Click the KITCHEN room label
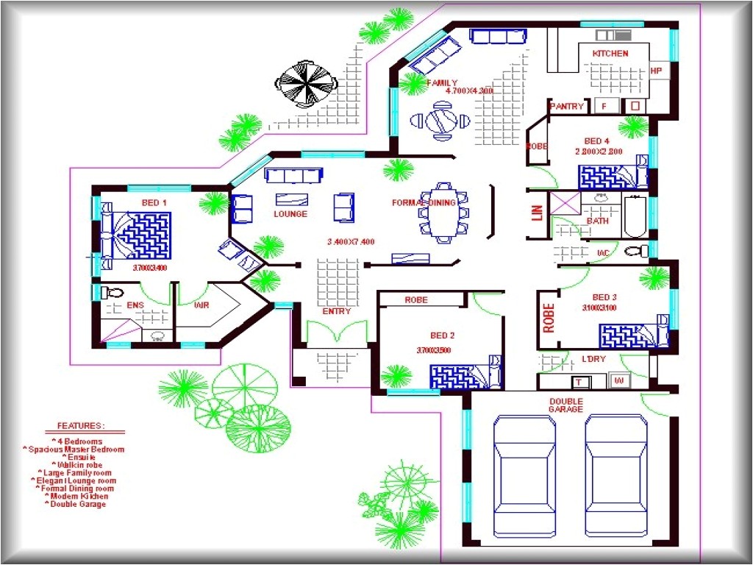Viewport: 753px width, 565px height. pos(610,54)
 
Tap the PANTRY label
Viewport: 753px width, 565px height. pos(567,107)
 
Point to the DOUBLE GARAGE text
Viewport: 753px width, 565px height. pos(565,405)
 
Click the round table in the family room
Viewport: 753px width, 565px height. pos(442,120)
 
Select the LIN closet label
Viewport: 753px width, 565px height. pos(537,213)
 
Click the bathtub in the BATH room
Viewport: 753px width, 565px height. pos(635,216)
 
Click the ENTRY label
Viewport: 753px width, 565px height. pos(336,311)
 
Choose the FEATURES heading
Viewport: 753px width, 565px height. pos(80,426)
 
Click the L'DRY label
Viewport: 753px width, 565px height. pos(593,358)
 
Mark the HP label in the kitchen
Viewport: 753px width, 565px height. pos(656,71)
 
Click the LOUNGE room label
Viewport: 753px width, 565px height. pos(290,214)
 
